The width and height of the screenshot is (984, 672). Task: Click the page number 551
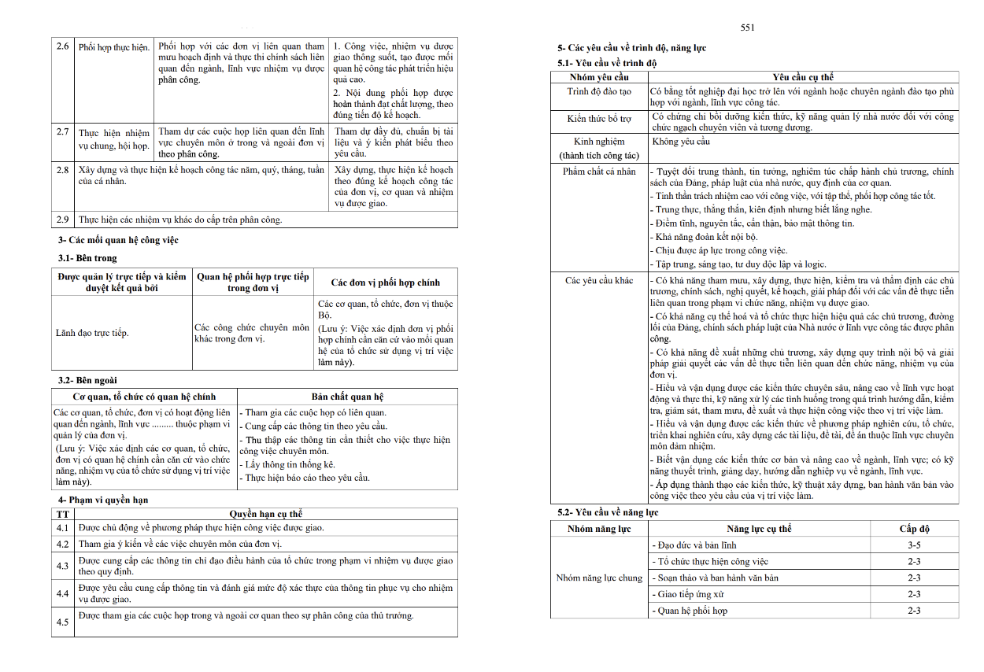[x=748, y=28]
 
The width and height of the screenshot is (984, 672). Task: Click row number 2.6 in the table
[x=63, y=46]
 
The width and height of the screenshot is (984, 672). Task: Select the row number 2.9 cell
[x=63, y=220]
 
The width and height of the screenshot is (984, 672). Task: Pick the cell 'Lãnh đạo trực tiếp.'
[x=92, y=333]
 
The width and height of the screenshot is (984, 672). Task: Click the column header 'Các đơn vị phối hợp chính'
[x=385, y=282]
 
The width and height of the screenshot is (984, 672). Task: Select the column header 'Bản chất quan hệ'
[x=347, y=397]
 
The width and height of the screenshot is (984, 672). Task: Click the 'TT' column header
[x=63, y=514]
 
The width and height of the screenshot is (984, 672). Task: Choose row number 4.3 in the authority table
[x=63, y=566]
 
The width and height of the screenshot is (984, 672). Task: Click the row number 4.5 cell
[x=63, y=622]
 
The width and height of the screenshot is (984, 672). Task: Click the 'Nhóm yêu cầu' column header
[x=599, y=77]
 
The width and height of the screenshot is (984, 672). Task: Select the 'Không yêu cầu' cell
[x=682, y=142]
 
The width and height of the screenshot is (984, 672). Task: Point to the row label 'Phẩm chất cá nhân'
[x=599, y=172]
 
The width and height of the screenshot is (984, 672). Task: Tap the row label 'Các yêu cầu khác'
[x=599, y=281]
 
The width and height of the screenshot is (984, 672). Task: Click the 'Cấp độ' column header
[x=914, y=529]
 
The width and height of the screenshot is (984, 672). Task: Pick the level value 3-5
[x=914, y=545]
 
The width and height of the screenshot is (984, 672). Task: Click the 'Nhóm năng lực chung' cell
[x=599, y=578]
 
